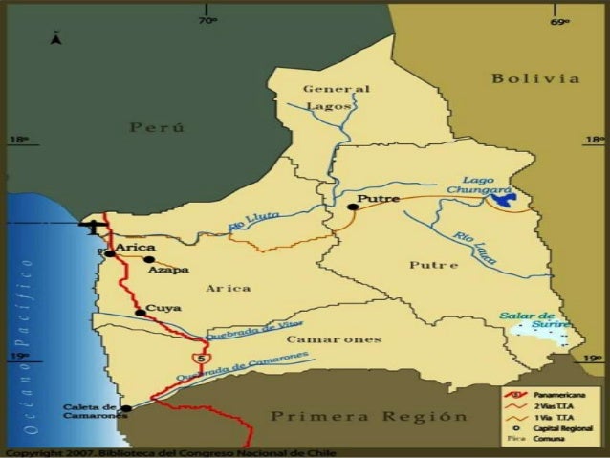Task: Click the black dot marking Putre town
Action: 353,207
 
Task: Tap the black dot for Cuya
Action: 140,313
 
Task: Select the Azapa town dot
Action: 149,259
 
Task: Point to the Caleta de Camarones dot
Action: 125,408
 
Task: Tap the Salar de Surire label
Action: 528,319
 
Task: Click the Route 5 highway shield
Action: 199,357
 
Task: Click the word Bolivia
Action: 535,78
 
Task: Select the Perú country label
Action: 158,128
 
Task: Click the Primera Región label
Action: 369,417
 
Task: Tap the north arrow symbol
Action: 56,38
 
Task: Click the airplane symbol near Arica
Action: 93,227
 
